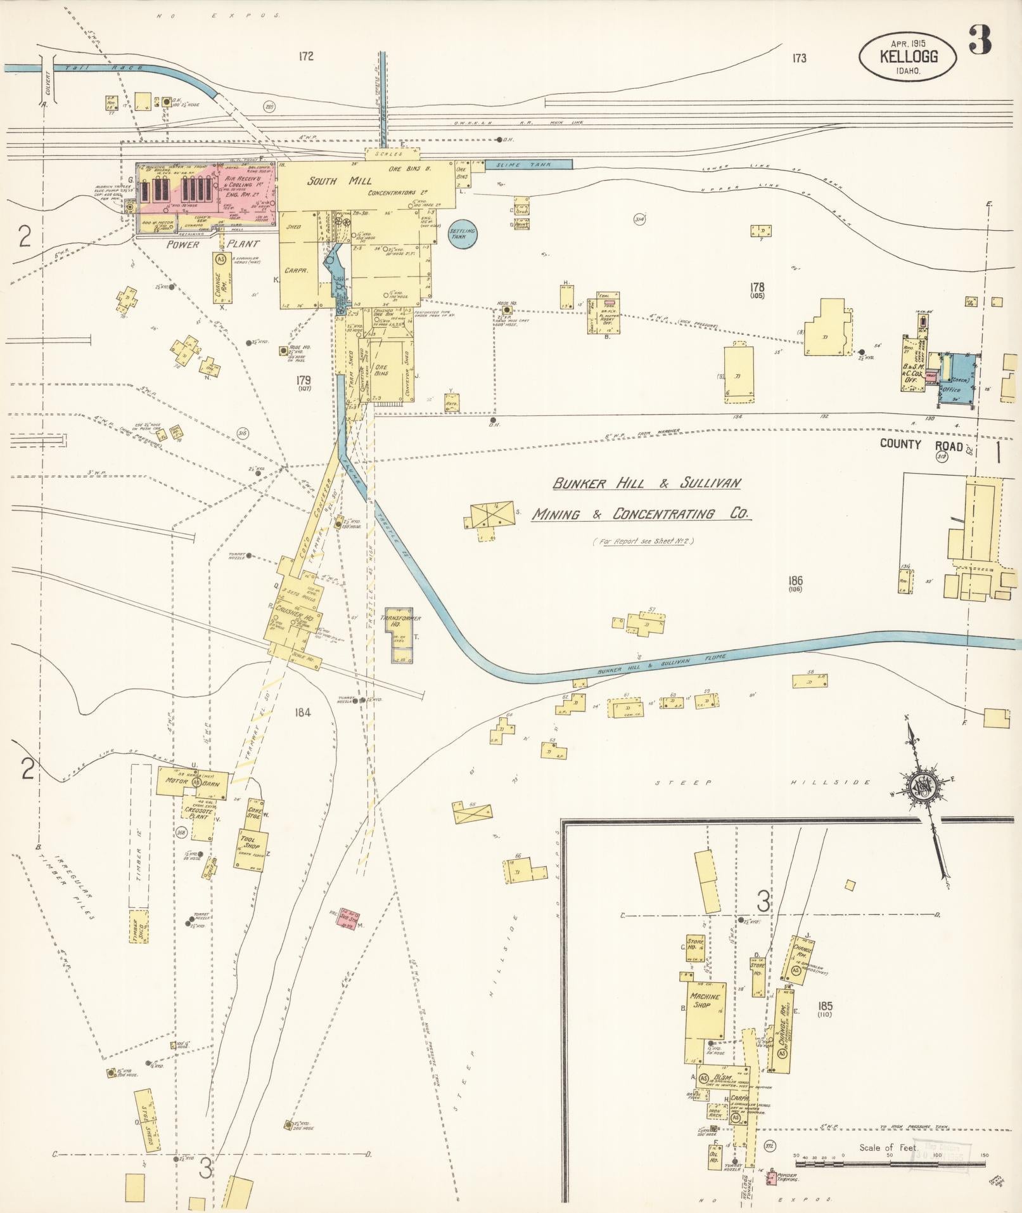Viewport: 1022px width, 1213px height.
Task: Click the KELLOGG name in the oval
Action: click(908, 56)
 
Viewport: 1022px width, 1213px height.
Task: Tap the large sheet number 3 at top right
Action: click(979, 41)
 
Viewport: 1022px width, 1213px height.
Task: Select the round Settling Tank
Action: click(462, 233)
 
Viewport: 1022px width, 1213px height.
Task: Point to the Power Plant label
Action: click(183, 244)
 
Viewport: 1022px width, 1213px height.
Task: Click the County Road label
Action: click(921, 444)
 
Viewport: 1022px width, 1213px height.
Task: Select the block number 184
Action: click(302, 712)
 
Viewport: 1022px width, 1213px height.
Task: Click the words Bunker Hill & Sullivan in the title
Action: click(646, 484)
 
